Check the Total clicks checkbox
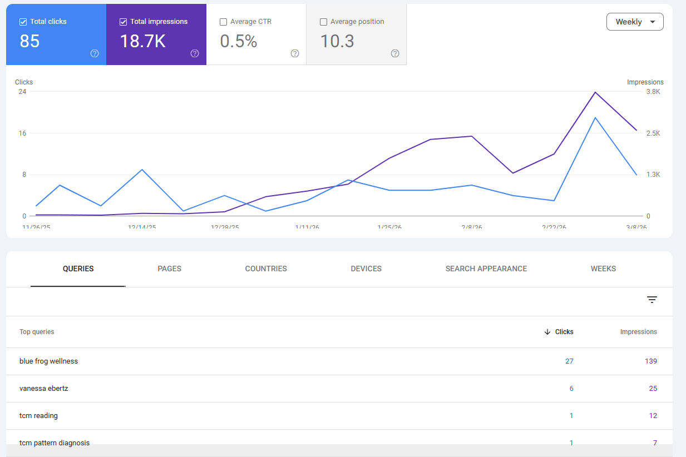23,22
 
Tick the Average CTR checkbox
224,22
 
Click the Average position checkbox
324,22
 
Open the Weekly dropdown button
635,22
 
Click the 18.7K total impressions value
143,41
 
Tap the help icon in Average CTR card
295,53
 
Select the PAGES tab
170,269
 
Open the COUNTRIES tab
266,269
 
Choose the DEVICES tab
366,269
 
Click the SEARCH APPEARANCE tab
486,269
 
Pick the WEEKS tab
603,269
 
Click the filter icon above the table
652,300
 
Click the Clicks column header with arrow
559,332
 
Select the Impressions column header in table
638,332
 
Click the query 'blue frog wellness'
48,361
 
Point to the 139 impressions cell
650,361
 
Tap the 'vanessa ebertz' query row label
43,389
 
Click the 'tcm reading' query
38,416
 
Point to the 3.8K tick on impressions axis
653,92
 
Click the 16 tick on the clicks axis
22,133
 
